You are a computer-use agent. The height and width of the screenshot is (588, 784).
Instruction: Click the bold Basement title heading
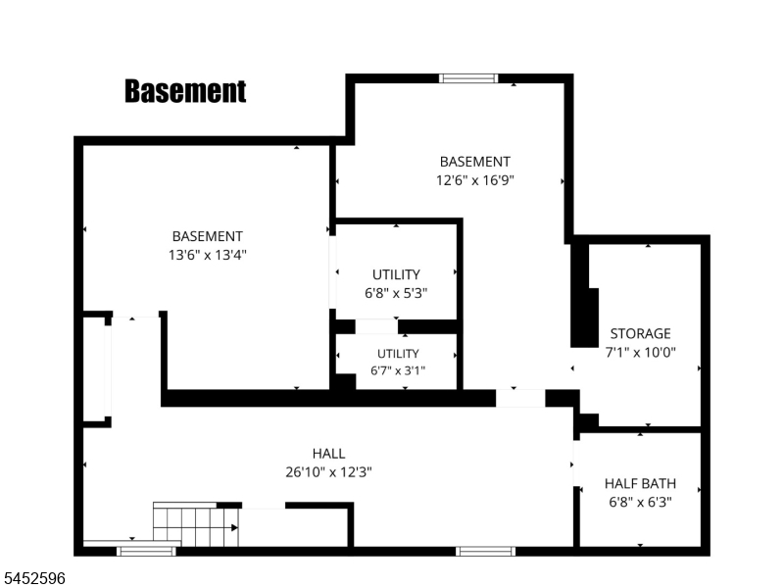[x=185, y=91]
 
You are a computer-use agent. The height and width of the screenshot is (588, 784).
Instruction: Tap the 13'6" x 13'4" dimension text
[x=208, y=255]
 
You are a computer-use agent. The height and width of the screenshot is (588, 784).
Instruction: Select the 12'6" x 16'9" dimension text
[x=475, y=180]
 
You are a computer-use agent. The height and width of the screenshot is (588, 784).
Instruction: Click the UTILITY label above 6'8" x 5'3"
[x=396, y=274]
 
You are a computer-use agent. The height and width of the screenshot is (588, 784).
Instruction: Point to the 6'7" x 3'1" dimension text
[x=398, y=370]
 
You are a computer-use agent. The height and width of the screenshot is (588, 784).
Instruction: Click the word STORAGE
[x=641, y=333]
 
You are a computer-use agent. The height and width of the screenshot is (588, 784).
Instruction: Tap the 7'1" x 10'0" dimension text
[x=641, y=352]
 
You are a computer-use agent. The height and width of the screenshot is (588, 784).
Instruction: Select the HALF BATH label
[x=641, y=483]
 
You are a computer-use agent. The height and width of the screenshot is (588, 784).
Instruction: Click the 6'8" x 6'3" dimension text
[x=641, y=502]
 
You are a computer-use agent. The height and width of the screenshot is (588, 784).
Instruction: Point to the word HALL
[x=328, y=454]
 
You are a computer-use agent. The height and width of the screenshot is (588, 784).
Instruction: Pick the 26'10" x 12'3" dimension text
[x=328, y=472]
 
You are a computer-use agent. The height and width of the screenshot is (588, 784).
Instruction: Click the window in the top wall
[x=468, y=78]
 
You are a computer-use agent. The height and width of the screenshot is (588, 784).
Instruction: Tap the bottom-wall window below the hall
[x=485, y=551]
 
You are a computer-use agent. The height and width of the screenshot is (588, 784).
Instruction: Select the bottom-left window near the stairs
[x=146, y=551]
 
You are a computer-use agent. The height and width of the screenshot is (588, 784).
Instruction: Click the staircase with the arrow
[x=195, y=526]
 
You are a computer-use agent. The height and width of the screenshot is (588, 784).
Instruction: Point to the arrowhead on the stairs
[x=234, y=527]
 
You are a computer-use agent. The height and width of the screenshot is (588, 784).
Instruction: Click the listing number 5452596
[x=33, y=578]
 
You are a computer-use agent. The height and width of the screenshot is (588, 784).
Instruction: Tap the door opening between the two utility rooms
[x=376, y=326]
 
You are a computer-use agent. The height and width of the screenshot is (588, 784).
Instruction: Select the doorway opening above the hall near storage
[x=520, y=398]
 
